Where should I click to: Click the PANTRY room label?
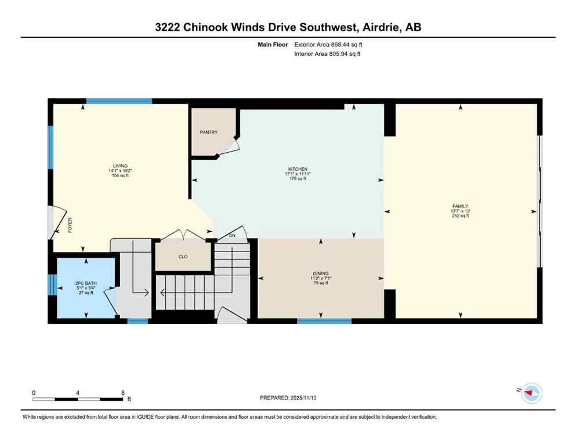click(x=209, y=132)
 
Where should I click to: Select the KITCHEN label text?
click(x=298, y=169)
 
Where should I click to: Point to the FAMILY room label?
click(x=460, y=206)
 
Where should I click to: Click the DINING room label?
click(x=320, y=273)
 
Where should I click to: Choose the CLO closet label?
click(x=183, y=256)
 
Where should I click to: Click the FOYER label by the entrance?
click(x=70, y=225)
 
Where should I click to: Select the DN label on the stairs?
click(x=233, y=235)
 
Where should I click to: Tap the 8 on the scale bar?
click(x=123, y=393)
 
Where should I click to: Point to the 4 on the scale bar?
click(x=78, y=393)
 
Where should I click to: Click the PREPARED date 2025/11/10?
click(x=288, y=398)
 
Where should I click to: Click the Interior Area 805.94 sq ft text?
click(x=328, y=54)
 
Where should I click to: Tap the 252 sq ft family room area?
click(x=460, y=215)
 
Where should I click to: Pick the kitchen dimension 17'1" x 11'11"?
click(x=298, y=174)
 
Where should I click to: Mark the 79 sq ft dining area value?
click(x=320, y=283)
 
